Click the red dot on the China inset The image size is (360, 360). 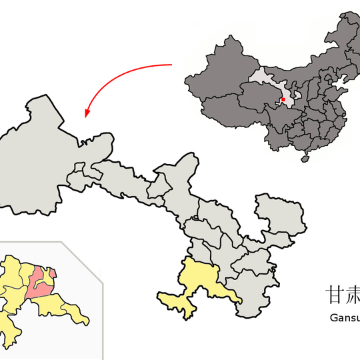[283, 100]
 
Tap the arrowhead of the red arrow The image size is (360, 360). [87, 115]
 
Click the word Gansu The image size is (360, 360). [344, 317]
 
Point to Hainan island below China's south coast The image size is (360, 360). [306, 159]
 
